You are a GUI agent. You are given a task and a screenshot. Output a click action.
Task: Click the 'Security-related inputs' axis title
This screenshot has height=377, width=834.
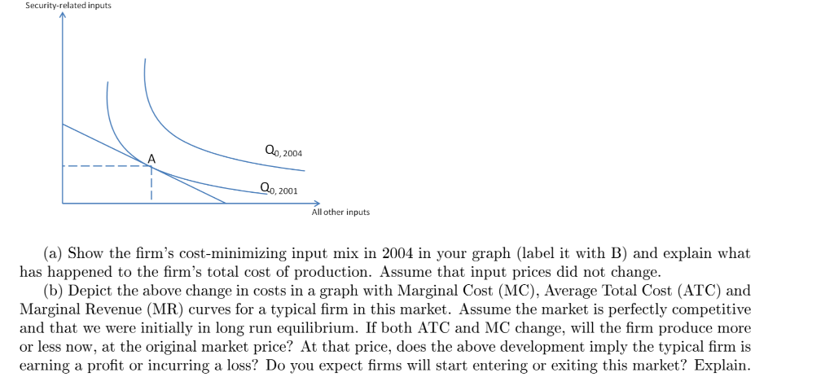(68, 6)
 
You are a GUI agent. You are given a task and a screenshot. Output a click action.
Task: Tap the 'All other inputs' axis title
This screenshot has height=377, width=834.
(340, 213)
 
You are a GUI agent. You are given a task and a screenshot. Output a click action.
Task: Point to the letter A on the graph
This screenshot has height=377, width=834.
(151, 156)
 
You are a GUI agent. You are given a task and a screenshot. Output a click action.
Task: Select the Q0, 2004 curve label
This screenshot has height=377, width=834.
(283, 151)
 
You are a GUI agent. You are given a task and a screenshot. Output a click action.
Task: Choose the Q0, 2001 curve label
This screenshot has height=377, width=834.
(279, 190)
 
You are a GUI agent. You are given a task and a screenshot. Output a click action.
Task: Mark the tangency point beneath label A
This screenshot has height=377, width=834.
(151, 167)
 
